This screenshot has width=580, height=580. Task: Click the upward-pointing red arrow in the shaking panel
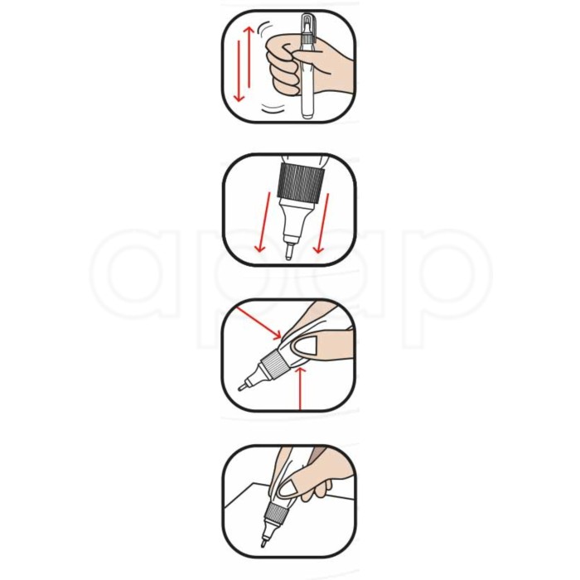click(x=249, y=57)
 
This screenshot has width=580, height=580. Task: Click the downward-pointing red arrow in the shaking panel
click(x=239, y=71)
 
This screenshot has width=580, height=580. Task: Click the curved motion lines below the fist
click(x=273, y=109)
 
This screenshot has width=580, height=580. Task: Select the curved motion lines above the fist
click(x=265, y=28)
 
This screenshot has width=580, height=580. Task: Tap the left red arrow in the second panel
click(x=263, y=222)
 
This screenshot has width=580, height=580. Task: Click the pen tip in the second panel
click(x=289, y=252)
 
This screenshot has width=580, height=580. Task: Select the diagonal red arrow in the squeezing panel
click(x=259, y=322)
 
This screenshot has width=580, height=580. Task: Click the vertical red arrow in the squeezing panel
click(x=300, y=389)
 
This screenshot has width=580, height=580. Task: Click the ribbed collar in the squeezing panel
click(x=275, y=363)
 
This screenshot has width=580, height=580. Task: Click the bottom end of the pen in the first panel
click(x=309, y=117)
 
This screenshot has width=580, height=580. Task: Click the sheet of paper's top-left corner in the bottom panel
click(x=252, y=483)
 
